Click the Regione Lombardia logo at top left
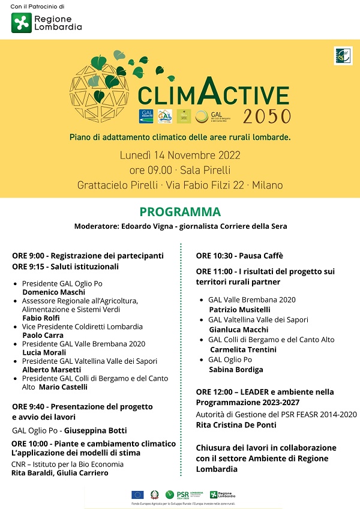(x=46, y=23)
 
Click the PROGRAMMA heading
(x=180, y=212)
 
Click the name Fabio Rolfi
(x=41, y=318)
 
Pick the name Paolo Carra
(x=43, y=335)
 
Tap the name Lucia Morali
(x=44, y=352)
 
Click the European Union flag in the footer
(x=137, y=495)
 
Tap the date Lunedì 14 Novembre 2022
(x=180, y=155)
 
